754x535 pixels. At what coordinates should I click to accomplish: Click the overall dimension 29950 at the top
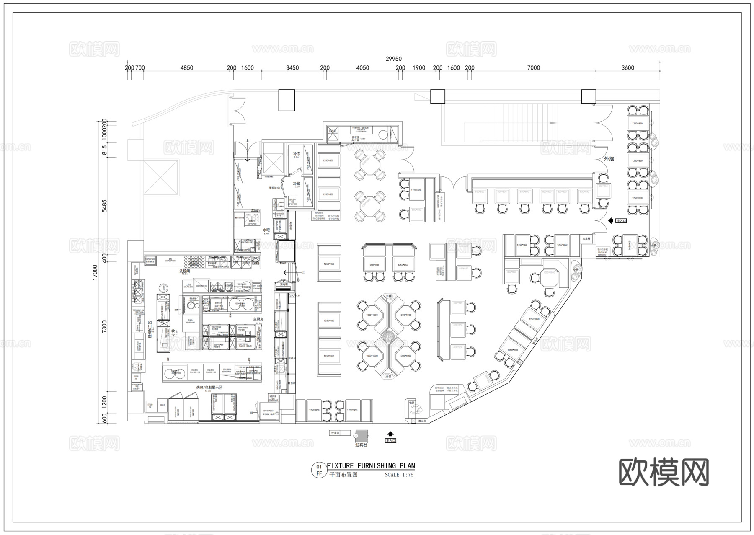click(x=393, y=59)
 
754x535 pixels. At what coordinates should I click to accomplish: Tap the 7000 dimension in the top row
click(x=533, y=68)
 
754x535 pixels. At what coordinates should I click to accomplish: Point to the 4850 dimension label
click(x=186, y=68)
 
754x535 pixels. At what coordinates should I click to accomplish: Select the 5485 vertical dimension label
click(x=105, y=206)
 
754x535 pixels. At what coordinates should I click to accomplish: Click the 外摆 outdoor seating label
click(x=609, y=159)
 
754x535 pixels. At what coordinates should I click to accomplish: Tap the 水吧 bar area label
click(x=266, y=230)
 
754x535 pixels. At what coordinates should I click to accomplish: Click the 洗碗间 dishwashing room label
click(x=185, y=271)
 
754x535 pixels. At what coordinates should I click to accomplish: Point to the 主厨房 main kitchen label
click(x=258, y=319)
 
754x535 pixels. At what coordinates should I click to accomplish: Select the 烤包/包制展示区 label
click(x=209, y=388)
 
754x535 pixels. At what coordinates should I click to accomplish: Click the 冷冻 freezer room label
click(x=297, y=154)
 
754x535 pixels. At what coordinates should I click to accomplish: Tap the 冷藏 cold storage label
click(x=297, y=184)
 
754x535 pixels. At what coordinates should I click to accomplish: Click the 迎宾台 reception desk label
click(x=361, y=445)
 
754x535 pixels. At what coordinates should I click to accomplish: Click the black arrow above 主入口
click(x=390, y=434)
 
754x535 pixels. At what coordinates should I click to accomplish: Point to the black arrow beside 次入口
click(x=611, y=220)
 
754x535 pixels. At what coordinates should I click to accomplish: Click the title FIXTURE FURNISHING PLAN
click(x=371, y=466)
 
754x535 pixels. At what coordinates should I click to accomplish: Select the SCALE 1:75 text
click(x=399, y=475)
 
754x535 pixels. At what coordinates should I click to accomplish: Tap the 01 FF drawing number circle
click(x=319, y=470)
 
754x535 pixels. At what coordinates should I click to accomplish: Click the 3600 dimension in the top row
click(x=627, y=68)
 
